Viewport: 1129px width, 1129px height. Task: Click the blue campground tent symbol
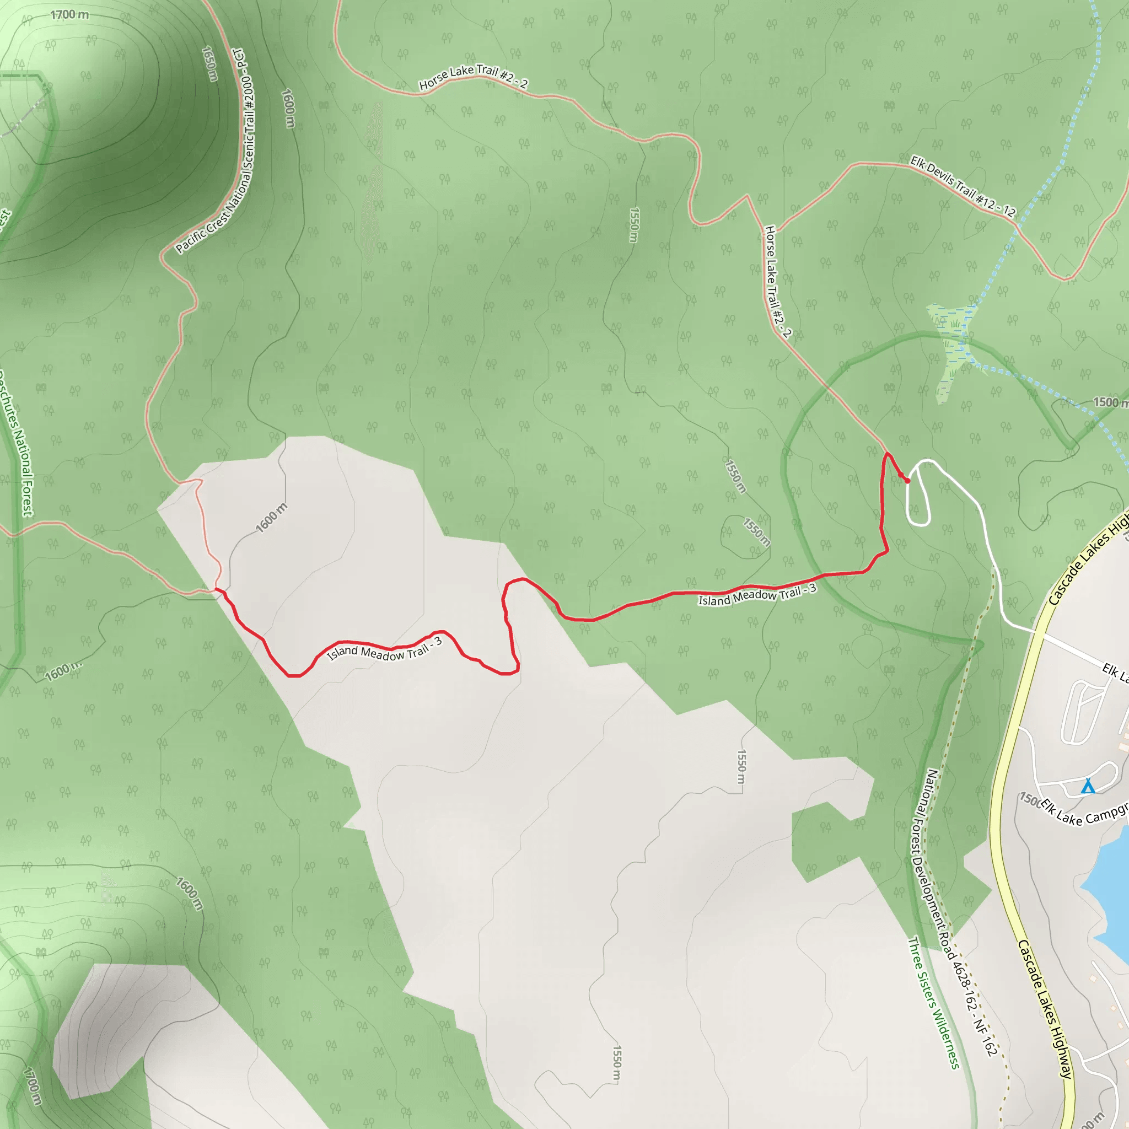(x=1087, y=786)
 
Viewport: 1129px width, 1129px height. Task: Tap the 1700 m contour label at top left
(x=69, y=15)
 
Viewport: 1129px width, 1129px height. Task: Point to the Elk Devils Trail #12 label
(x=963, y=186)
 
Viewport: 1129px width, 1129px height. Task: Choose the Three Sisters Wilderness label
(x=933, y=1003)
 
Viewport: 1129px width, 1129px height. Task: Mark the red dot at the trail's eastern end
(x=907, y=481)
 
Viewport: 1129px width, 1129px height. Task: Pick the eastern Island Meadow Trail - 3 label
(x=757, y=595)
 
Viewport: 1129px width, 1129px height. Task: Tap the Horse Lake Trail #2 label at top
(x=474, y=77)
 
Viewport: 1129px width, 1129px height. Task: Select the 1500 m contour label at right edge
(x=1109, y=402)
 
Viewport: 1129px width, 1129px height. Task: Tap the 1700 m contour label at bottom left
(x=32, y=1087)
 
